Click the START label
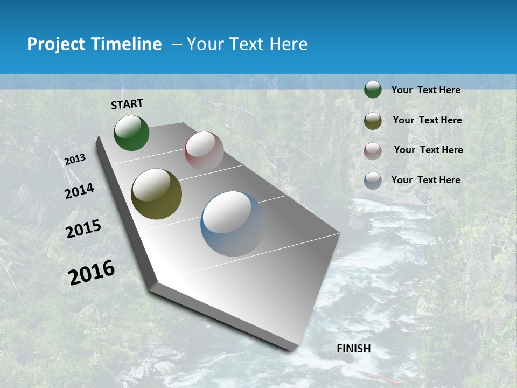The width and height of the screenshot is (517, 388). [x=127, y=104]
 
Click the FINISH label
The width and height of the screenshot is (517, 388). [x=353, y=349]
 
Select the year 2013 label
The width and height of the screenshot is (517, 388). [x=75, y=159]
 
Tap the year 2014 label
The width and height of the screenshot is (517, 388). [x=80, y=191]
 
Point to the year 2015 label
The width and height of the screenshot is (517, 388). [x=83, y=229]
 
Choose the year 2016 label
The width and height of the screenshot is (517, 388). [x=92, y=272]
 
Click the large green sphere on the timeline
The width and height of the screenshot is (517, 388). [x=131, y=133]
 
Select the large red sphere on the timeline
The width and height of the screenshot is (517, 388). [x=204, y=150]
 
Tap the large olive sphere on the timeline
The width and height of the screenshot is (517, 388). [x=156, y=194]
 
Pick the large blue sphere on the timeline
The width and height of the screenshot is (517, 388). [x=233, y=224]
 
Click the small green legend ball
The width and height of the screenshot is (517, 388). [x=373, y=89]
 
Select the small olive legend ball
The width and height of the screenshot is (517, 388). [x=373, y=121]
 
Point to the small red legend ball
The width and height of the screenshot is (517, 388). [x=373, y=150]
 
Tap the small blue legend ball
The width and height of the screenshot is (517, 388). [x=373, y=181]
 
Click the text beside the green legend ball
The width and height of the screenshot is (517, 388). [x=425, y=90]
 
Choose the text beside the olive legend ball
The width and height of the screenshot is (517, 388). [x=427, y=120]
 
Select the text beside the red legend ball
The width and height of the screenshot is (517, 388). [x=428, y=150]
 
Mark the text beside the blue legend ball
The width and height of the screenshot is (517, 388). [x=425, y=180]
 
